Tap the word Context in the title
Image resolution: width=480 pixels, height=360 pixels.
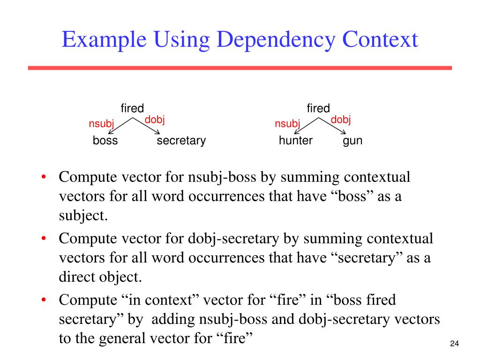(380, 40)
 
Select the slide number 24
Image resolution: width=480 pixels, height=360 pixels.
(454, 345)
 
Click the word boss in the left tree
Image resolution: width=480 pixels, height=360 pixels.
(105, 141)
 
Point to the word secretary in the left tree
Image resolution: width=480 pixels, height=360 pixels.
(181, 141)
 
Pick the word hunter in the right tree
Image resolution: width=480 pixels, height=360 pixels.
(295, 141)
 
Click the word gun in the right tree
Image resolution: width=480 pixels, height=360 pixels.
(352, 141)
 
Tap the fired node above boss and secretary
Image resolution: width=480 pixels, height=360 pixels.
(132, 109)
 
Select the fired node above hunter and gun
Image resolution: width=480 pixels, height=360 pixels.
(318, 109)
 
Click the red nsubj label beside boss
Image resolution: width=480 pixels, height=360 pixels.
(101, 124)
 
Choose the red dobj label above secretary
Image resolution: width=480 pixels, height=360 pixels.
(155, 120)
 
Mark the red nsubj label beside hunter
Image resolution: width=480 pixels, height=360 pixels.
(287, 124)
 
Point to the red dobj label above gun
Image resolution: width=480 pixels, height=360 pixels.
(341, 120)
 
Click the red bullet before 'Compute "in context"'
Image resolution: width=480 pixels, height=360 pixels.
(43, 300)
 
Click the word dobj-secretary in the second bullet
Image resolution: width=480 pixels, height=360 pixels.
(233, 239)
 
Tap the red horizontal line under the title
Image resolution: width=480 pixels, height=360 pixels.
(240, 68)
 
